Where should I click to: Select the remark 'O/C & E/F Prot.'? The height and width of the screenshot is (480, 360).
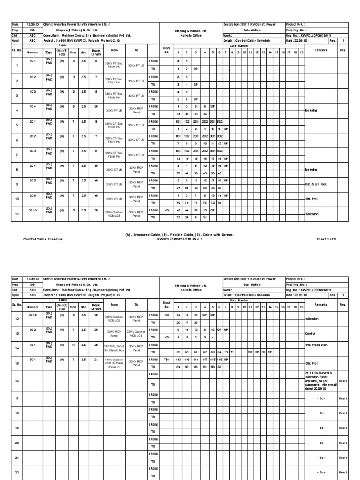317,184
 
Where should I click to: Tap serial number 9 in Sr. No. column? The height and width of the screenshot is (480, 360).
16,184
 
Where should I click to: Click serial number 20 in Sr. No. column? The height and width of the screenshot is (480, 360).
16,443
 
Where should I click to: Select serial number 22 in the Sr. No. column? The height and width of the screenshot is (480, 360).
16,473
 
